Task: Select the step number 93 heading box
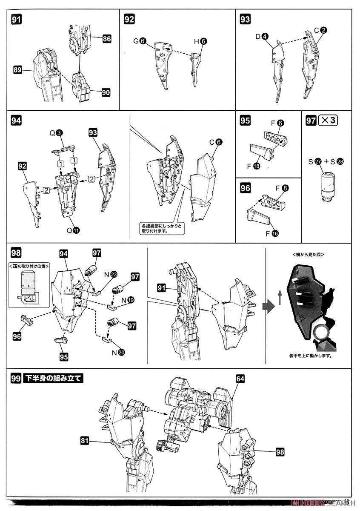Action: click(245, 19)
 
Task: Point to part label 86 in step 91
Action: click(106, 39)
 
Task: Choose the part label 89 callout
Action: click(17, 70)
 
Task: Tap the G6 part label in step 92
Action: click(140, 41)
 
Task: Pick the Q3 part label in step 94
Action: click(56, 133)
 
